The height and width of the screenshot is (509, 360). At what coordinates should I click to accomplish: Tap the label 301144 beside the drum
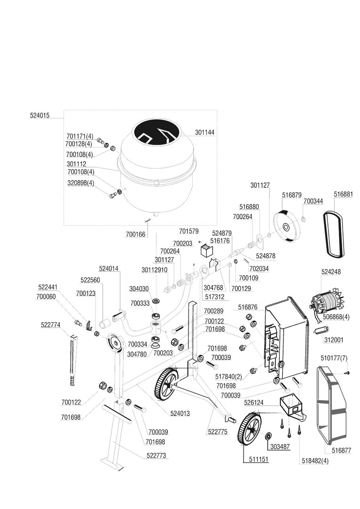204,132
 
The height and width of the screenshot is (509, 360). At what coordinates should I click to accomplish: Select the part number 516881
343,194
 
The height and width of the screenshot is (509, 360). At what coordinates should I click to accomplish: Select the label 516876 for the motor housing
248,307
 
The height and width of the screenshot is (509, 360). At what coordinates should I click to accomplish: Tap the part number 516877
341,451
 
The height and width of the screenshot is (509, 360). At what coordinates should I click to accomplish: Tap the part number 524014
109,269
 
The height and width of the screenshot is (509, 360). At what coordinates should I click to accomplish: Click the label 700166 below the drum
135,233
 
